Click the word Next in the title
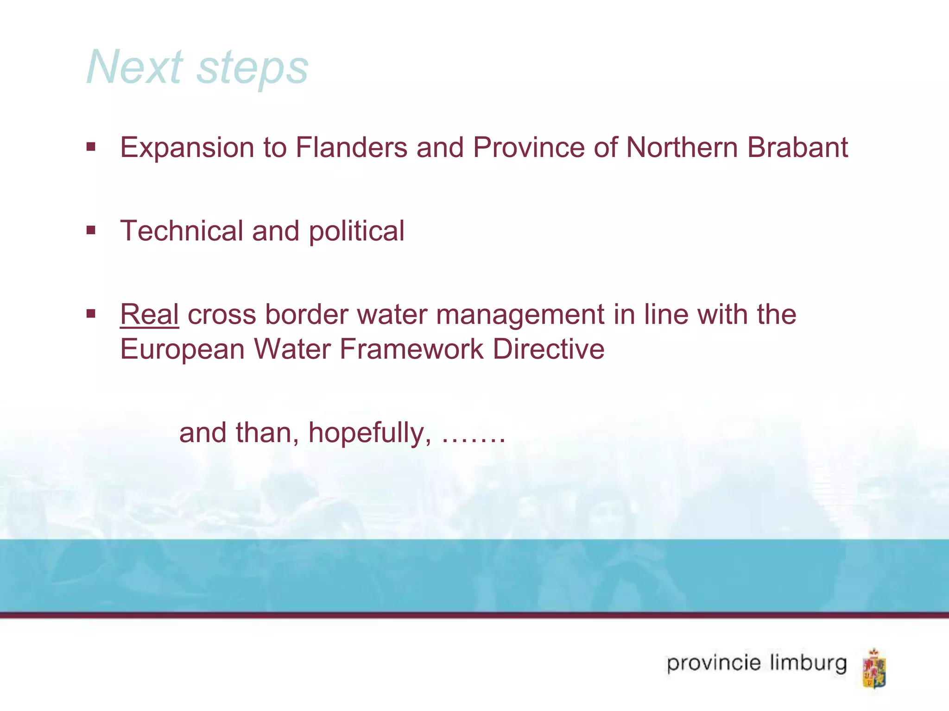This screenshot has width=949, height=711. [135, 68]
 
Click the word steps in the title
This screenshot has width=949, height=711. [253, 69]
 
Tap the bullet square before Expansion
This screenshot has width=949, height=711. [91, 147]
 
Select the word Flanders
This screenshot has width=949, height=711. [351, 148]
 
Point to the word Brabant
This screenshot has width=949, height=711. [797, 148]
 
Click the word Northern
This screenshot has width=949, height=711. [683, 148]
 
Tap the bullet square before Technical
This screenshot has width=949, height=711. [91, 230]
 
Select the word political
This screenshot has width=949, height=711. [356, 231]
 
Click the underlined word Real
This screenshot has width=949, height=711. [149, 315]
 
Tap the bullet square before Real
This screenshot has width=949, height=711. [91, 314]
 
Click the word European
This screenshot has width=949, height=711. [182, 349]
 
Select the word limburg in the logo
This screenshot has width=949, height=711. [808, 664]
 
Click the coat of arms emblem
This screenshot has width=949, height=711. [874, 668]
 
